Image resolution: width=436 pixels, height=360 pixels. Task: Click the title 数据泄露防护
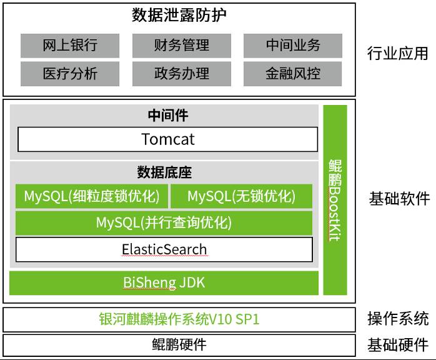coord(179,16)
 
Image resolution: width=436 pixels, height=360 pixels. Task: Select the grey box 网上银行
coord(70,46)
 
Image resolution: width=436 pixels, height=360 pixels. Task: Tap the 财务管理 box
coord(181,46)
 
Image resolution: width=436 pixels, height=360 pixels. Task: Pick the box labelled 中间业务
coord(292,46)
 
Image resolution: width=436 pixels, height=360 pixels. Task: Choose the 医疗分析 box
coord(70,74)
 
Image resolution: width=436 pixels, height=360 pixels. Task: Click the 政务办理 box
coord(181,74)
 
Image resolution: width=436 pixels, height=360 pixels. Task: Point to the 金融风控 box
coord(292,74)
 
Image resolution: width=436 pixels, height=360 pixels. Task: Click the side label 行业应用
coord(398,53)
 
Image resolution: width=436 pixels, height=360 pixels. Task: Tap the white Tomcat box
coord(167,139)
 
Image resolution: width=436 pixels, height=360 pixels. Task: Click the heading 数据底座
coord(164,172)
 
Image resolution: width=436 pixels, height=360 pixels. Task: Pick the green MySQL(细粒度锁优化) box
coord(91,196)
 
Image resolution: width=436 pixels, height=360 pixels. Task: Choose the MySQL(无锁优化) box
coord(241,196)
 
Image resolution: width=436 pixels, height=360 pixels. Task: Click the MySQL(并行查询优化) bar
coord(164,222)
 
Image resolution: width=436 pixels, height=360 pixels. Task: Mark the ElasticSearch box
coord(164,249)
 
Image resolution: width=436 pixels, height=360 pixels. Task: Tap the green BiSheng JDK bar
coord(164,282)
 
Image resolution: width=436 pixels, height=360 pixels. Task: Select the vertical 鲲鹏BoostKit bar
coord(335,200)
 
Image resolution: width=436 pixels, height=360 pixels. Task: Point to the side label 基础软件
coord(399,199)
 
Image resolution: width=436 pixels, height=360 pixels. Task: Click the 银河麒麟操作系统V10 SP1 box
coord(179,319)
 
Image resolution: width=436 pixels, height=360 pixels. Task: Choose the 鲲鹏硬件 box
coord(179,344)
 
